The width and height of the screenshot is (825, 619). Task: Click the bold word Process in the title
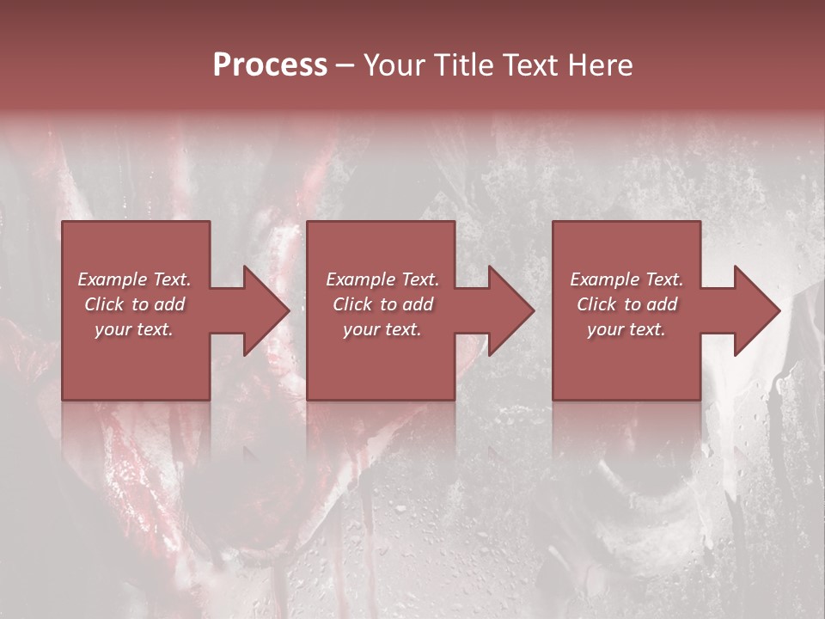pyautogui.click(x=270, y=65)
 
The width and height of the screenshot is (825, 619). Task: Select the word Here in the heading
pyautogui.click(x=600, y=65)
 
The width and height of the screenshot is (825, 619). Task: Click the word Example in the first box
pyautogui.click(x=112, y=279)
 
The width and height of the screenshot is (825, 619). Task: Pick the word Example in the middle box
pyautogui.click(x=359, y=279)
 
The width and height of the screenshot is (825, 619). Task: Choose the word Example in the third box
pyautogui.click(x=603, y=279)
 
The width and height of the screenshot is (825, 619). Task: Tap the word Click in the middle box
pyautogui.click(x=352, y=304)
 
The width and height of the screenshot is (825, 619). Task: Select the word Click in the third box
pyautogui.click(x=596, y=304)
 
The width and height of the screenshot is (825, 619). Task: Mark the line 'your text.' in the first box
pyautogui.click(x=134, y=329)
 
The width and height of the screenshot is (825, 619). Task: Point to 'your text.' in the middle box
pyautogui.click(x=382, y=329)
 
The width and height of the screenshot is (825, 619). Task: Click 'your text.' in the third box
pyautogui.click(x=626, y=329)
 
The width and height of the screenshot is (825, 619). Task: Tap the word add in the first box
pyautogui.click(x=170, y=304)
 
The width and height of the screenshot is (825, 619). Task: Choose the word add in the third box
pyautogui.click(x=662, y=304)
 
